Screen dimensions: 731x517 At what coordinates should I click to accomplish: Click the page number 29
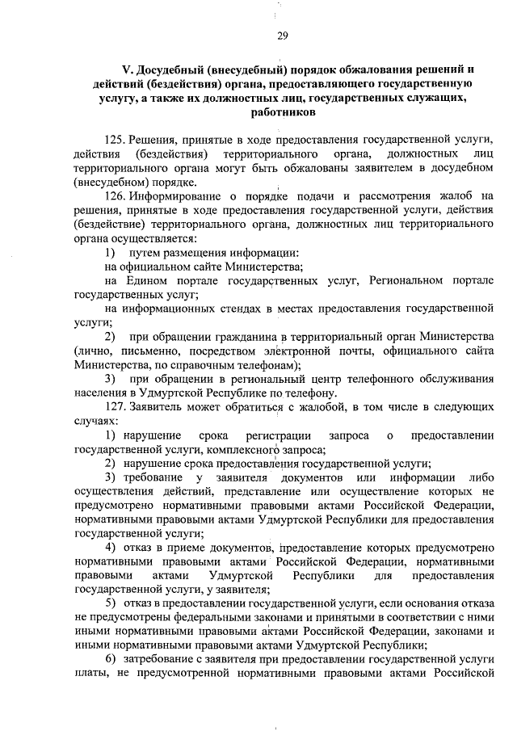tap(282, 35)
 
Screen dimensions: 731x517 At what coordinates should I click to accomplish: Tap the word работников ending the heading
tap(282, 115)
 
